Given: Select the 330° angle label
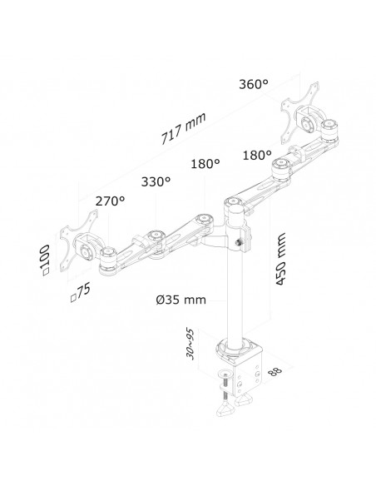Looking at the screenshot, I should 156,181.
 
